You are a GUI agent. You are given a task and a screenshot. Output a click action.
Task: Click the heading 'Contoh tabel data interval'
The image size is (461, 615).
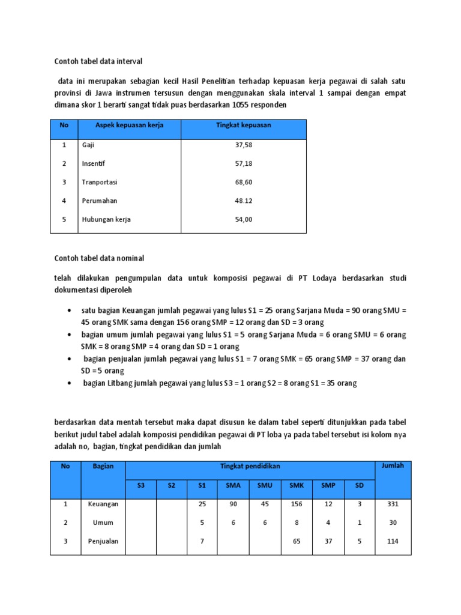pos(98,61)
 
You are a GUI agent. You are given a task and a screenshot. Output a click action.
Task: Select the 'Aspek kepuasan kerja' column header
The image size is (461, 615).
pos(129,125)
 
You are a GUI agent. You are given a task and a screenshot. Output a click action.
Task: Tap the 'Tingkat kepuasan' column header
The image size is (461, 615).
pos(243,125)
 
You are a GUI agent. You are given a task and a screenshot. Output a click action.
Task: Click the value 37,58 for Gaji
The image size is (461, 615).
pos(243,145)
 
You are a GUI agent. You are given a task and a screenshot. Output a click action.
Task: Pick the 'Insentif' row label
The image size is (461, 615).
pos(94,163)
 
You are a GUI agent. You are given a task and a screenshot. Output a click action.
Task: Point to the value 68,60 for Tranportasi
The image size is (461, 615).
pos(243,182)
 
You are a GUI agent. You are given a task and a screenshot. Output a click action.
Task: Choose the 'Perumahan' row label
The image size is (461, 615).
pos(99,201)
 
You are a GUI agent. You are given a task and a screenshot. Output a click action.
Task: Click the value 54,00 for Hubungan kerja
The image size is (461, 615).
pos(243,219)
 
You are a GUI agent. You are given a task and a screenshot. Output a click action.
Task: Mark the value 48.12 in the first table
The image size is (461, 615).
pos(243,201)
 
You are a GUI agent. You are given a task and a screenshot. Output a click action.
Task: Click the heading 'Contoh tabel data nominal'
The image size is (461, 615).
pos(99,258)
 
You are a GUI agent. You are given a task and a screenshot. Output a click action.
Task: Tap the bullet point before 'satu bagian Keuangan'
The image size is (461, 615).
pos(71,311)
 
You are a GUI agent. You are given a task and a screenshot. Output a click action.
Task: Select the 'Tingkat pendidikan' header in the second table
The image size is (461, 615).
pos(250,466)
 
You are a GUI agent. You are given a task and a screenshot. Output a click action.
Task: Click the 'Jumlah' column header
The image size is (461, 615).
pos(393,465)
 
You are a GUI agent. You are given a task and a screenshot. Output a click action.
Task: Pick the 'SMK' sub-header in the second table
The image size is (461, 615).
pos(297,485)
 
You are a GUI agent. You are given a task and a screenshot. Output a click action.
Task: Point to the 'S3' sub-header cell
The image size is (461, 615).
pos(141,485)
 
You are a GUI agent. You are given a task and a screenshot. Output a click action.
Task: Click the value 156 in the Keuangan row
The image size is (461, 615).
pos(297,504)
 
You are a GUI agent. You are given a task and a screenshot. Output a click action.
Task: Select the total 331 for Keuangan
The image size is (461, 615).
pos(393,504)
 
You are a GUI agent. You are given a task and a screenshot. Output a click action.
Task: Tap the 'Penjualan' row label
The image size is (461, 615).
pos(103,541)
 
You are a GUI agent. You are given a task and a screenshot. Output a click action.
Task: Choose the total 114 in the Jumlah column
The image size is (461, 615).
pos(393,541)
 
